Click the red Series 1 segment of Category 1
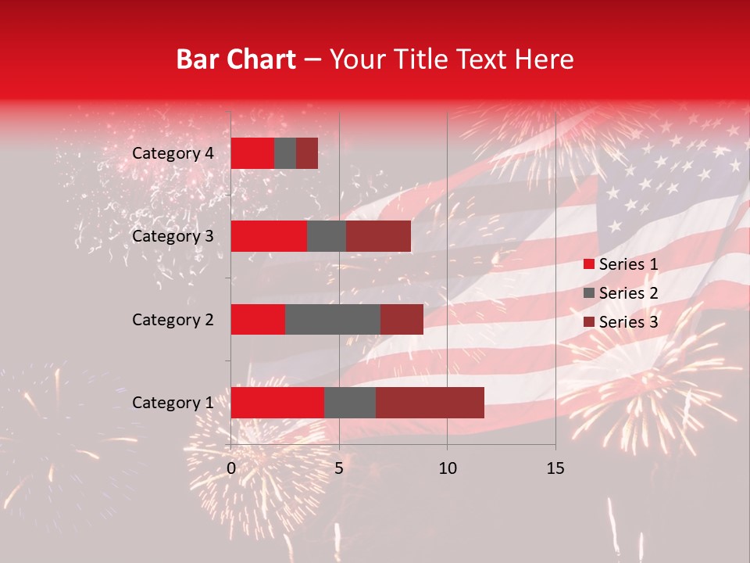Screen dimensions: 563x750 (277, 402)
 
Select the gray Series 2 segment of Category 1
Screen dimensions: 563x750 (350, 402)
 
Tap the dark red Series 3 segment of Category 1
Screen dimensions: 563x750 (430, 402)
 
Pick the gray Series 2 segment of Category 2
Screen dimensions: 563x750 (333, 319)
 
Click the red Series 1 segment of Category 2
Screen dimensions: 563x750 (258, 319)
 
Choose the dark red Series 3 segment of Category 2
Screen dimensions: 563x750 (402, 319)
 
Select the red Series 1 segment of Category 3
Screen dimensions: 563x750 (269, 236)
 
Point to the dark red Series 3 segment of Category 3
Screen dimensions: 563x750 (378, 236)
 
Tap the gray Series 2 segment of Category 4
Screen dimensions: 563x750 (285, 153)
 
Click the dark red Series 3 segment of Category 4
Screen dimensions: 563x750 (307, 153)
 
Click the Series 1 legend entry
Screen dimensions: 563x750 (620, 264)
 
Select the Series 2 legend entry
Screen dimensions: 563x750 (620, 293)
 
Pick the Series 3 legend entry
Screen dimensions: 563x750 (620, 322)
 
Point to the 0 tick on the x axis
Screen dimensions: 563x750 (231, 468)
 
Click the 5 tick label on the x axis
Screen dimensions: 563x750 (339, 468)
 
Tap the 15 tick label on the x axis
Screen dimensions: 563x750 (555, 468)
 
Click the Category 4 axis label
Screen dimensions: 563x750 (173, 153)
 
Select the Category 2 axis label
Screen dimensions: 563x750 (173, 319)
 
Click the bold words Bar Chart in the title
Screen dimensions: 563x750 (235, 59)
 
